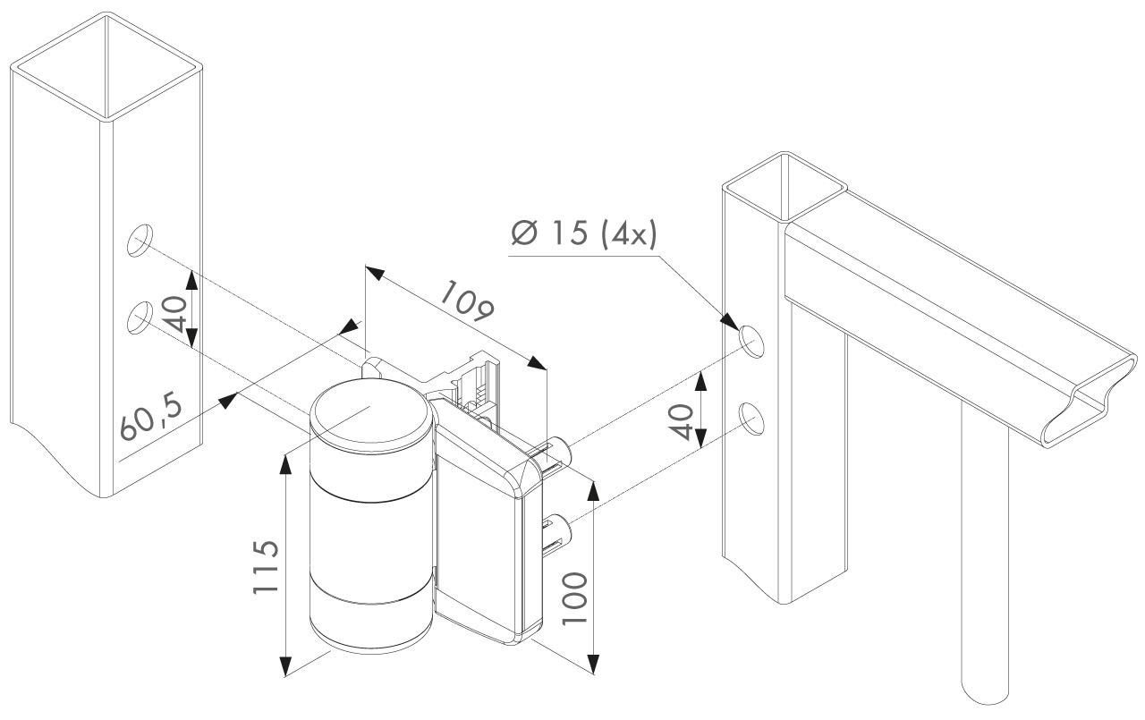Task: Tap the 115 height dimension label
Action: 266,566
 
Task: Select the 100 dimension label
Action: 574,597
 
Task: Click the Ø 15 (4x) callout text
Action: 584,233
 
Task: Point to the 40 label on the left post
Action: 174,314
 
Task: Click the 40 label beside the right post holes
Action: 682,421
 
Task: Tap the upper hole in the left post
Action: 140,241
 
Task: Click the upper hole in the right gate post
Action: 751,341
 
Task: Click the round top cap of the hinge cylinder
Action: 371,415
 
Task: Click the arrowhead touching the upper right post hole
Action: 729,323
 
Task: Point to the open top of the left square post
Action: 106,66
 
